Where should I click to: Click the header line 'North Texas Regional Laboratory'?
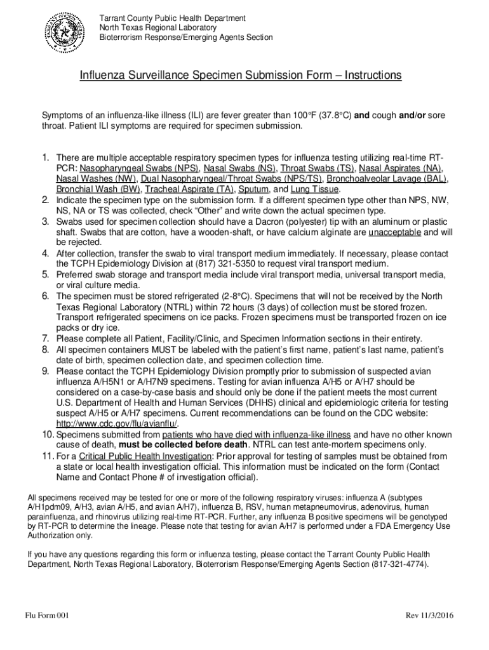pyautogui.click(x=157, y=28)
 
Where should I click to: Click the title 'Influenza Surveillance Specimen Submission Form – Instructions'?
pyautogui.click(x=241, y=76)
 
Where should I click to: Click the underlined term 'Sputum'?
pyautogui.click(x=253, y=189)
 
